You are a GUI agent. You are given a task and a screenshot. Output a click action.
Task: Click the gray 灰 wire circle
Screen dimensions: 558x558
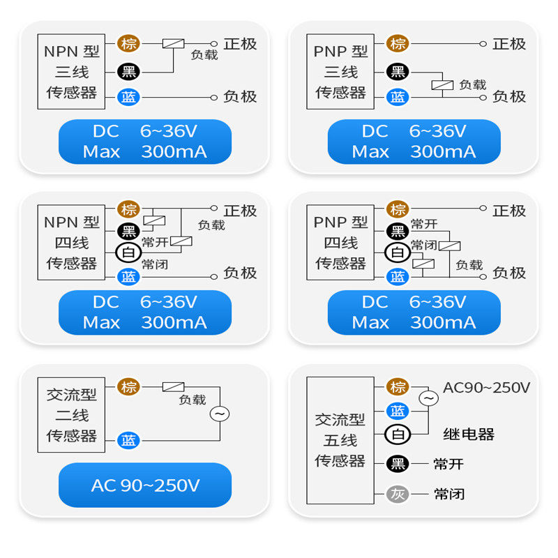(x=398, y=494)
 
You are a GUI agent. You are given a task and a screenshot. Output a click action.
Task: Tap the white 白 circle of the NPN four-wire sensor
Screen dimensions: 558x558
(x=128, y=252)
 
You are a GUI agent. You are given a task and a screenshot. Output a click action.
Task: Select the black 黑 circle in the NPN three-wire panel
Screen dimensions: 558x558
(x=128, y=72)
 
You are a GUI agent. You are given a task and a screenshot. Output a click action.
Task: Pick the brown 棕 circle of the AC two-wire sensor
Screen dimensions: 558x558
(x=128, y=386)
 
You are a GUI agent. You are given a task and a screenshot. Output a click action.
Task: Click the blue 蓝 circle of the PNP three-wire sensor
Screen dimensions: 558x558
(x=398, y=97)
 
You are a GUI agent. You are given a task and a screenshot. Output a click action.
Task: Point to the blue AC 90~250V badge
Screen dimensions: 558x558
(x=145, y=485)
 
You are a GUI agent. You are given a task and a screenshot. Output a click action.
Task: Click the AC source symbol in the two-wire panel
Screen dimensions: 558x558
(x=220, y=414)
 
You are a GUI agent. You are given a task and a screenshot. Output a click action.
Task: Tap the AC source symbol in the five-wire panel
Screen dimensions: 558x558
(x=428, y=398)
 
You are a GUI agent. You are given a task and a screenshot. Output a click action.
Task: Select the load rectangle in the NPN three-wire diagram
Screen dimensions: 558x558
(x=173, y=43)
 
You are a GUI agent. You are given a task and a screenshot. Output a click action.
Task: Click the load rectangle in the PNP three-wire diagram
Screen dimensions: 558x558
(x=442, y=85)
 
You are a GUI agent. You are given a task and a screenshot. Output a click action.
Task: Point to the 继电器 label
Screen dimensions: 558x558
(x=469, y=435)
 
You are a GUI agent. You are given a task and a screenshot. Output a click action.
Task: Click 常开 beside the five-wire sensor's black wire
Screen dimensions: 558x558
(x=448, y=464)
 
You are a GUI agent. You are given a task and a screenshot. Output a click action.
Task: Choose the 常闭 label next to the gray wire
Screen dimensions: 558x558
(x=449, y=494)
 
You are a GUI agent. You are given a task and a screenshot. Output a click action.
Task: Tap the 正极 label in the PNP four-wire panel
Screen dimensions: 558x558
(x=509, y=211)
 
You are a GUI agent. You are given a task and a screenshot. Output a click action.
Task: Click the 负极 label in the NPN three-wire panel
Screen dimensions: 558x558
(x=240, y=96)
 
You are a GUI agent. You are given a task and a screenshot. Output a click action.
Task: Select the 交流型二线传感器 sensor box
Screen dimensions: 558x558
(x=71, y=415)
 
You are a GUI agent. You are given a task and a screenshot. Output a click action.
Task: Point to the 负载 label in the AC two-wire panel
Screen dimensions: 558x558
(x=193, y=400)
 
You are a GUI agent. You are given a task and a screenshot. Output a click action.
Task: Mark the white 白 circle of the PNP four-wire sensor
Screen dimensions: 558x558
(x=398, y=252)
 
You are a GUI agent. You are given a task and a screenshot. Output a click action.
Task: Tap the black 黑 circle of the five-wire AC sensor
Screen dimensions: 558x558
(x=398, y=464)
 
